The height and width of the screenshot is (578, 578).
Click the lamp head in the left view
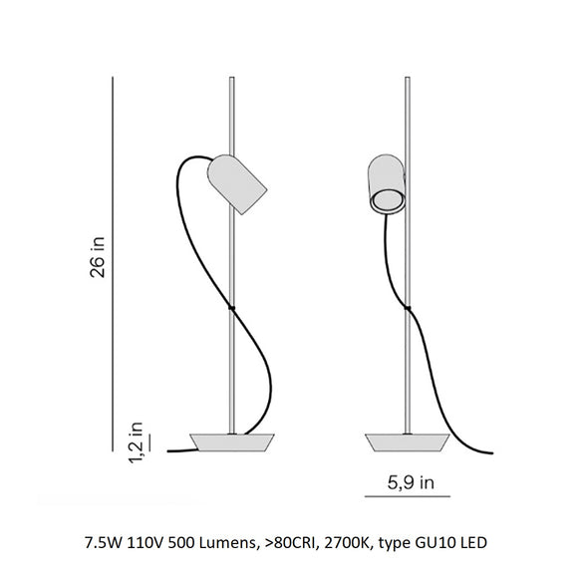[235, 182]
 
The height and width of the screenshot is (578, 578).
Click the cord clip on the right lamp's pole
[405, 310]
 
